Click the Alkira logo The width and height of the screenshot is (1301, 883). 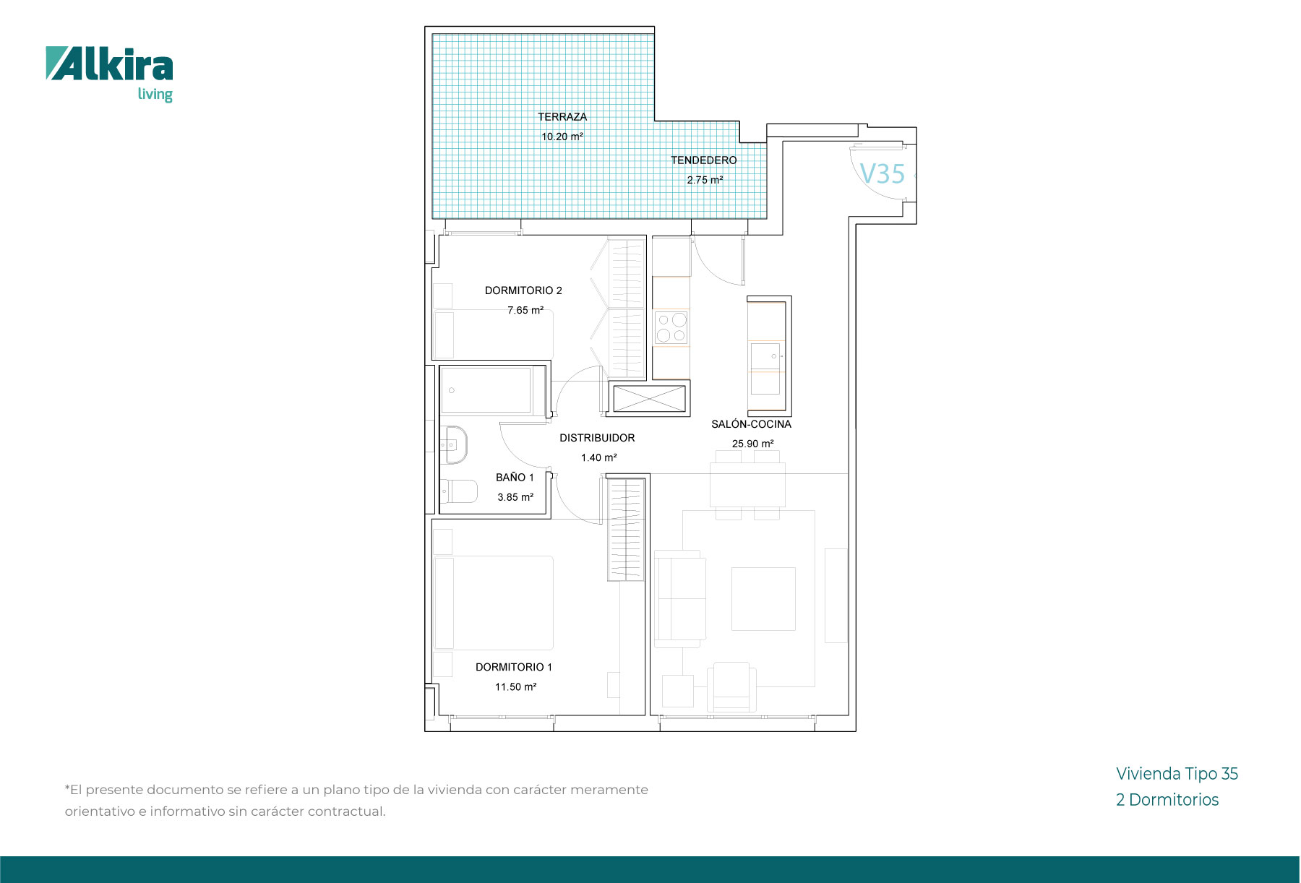109,74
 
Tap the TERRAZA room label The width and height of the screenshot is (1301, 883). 562,116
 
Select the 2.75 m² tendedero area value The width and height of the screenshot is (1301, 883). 705,180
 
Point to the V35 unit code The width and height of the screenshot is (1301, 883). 883,174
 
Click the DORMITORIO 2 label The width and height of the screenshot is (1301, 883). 523,290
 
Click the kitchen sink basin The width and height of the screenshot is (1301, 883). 765,356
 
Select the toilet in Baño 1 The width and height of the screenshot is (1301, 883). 458,491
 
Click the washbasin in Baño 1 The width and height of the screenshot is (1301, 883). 455,444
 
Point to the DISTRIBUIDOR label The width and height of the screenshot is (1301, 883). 597,438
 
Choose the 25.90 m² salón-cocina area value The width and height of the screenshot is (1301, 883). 752,444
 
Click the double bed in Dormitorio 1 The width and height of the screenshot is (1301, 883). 494,603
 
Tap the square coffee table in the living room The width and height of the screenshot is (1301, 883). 763,599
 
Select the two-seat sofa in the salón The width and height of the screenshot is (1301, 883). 679,598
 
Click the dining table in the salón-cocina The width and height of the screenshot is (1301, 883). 747,485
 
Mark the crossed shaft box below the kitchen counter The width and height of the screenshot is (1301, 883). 649,398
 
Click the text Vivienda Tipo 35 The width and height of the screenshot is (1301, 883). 1177,774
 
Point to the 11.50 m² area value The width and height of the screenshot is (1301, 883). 515,687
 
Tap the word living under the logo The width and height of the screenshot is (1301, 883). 155,95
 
